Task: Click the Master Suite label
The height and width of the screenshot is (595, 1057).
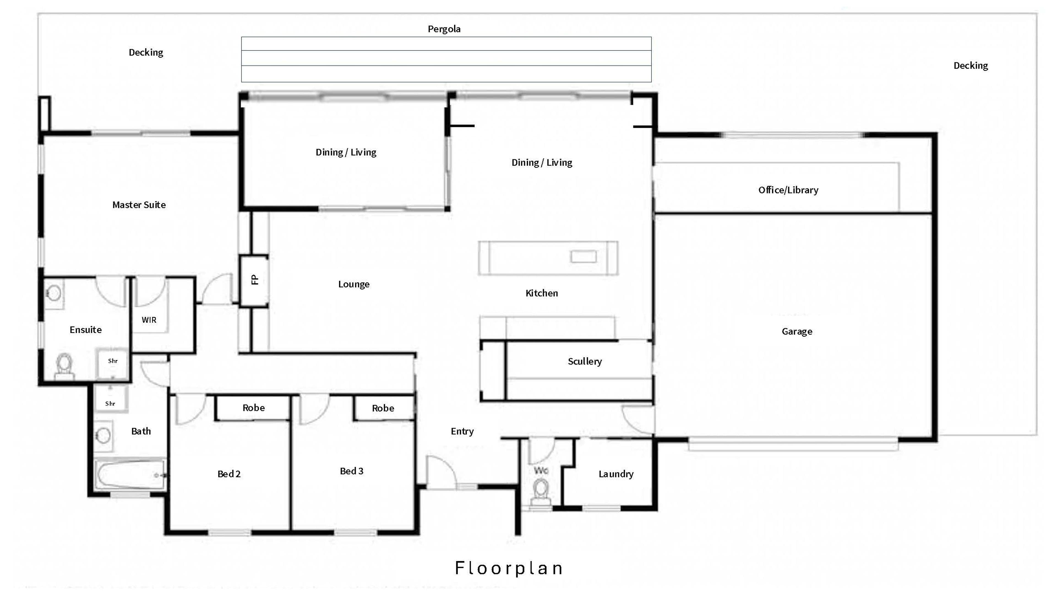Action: [x=139, y=205]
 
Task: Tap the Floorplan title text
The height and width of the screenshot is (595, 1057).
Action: [x=509, y=568]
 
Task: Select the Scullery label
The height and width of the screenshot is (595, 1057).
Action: [x=585, y=362]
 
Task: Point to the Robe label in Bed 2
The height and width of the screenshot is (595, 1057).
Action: [x=254, y=408]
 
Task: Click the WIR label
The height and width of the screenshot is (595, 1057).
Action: [x=149, y=320]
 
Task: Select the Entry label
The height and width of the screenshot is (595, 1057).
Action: [x=462, y=431]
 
